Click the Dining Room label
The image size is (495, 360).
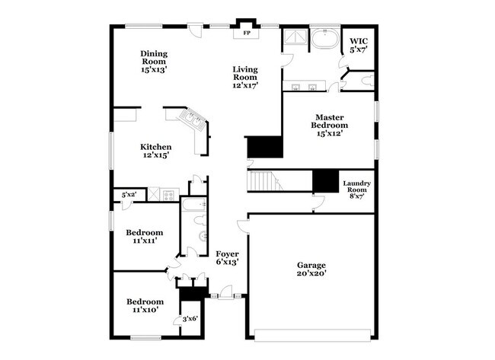pos(153,62)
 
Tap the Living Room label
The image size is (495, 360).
pos(245,77)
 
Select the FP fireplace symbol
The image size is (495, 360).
pos(246,33)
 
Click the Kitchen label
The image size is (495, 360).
pos(155,151)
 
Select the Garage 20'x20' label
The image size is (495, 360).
pos(311,269)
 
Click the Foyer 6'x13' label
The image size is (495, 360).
pos(227,257)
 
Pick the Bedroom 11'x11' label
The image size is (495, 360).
pos(144,237)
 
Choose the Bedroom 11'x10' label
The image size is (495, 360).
pos(144,306)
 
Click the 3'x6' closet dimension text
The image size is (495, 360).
pos(189,318)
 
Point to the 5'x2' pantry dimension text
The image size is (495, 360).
pos(129,196)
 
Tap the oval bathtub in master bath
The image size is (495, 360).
pos(326,38)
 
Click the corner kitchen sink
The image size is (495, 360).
pos(191,119)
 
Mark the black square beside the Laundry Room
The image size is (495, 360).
pos(326,180)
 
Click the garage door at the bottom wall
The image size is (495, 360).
pos(311,333)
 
